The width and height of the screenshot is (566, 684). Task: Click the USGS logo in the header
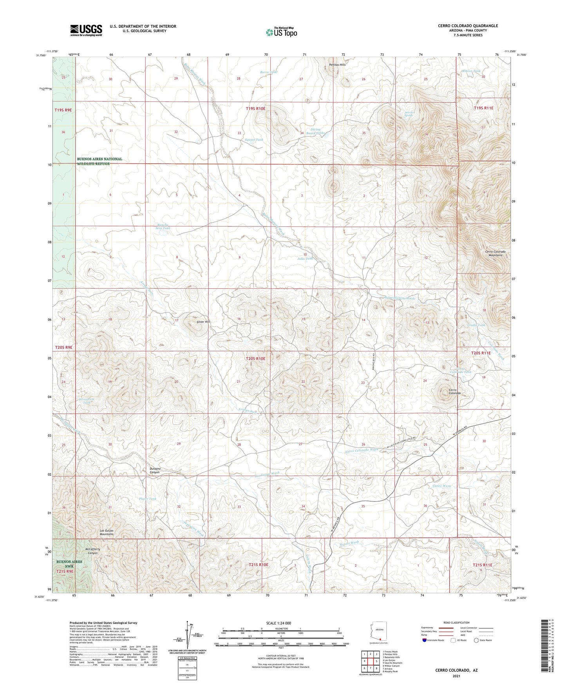[86, 30]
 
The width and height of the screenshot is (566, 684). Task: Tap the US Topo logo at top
[281, 32]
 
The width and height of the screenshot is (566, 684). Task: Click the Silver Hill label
[203, 322]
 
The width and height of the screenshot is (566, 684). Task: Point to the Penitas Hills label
[337, 64]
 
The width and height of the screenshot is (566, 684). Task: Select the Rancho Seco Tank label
[163, 226]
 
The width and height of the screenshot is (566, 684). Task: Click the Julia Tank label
[305, 259]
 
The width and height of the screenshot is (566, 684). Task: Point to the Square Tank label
[254, 139]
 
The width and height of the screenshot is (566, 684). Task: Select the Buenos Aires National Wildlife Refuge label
[99, 161]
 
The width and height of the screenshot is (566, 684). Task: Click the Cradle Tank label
[476, 325]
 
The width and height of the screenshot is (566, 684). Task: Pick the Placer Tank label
[148, 499]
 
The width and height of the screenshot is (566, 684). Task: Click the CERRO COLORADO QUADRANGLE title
[468, 26]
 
